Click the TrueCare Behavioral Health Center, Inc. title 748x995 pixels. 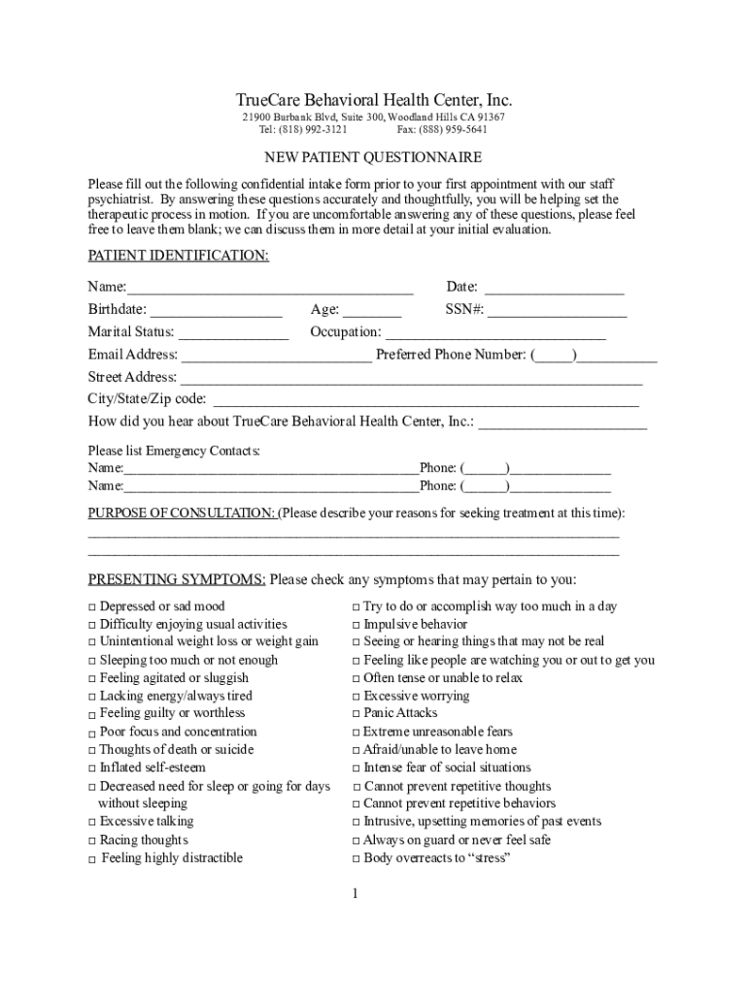tap(374, 101)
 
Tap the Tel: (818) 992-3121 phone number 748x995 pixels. tap(303, 129)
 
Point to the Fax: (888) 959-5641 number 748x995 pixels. tap(442, 129)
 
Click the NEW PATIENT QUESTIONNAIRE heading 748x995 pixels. tap(374, 157)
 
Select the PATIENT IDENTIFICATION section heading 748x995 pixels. tap(179, 256)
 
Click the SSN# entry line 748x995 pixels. tap(558, 311)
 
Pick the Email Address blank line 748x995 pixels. tap(276, 356)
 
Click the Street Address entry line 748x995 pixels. tap(411, 378)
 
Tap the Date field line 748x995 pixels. tap(554, 289)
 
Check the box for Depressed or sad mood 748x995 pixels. tap(92, 607)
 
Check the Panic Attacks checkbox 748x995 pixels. tap(357, 714)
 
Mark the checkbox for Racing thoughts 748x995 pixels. tap(92, 841)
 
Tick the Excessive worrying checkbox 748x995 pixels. tap(357, 697)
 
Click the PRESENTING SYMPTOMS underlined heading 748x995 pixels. tap(177, 580)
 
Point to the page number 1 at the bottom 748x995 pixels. tap(356, 893)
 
